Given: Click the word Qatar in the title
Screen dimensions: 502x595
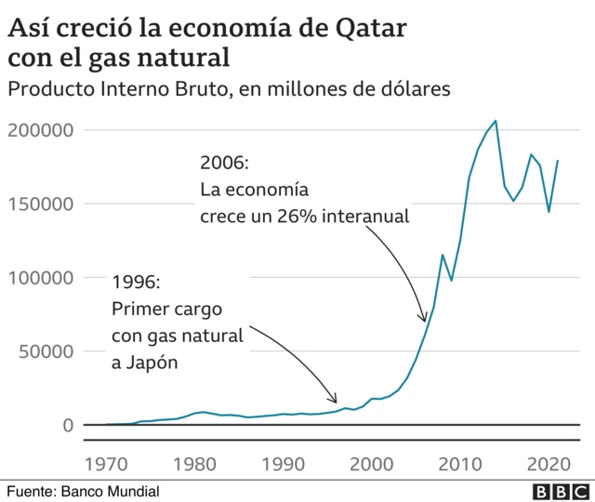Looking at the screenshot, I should [x=369, y=28].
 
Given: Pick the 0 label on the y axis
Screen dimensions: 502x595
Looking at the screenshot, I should [x=67, y=425].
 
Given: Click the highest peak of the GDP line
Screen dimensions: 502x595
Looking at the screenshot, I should [x=496, y=121].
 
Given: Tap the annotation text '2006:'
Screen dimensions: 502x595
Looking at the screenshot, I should [x=224, y=163].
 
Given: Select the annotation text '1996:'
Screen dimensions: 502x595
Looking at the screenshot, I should [x=136, y=281].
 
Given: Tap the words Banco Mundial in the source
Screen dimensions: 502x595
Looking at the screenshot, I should [x=110, y=491].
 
